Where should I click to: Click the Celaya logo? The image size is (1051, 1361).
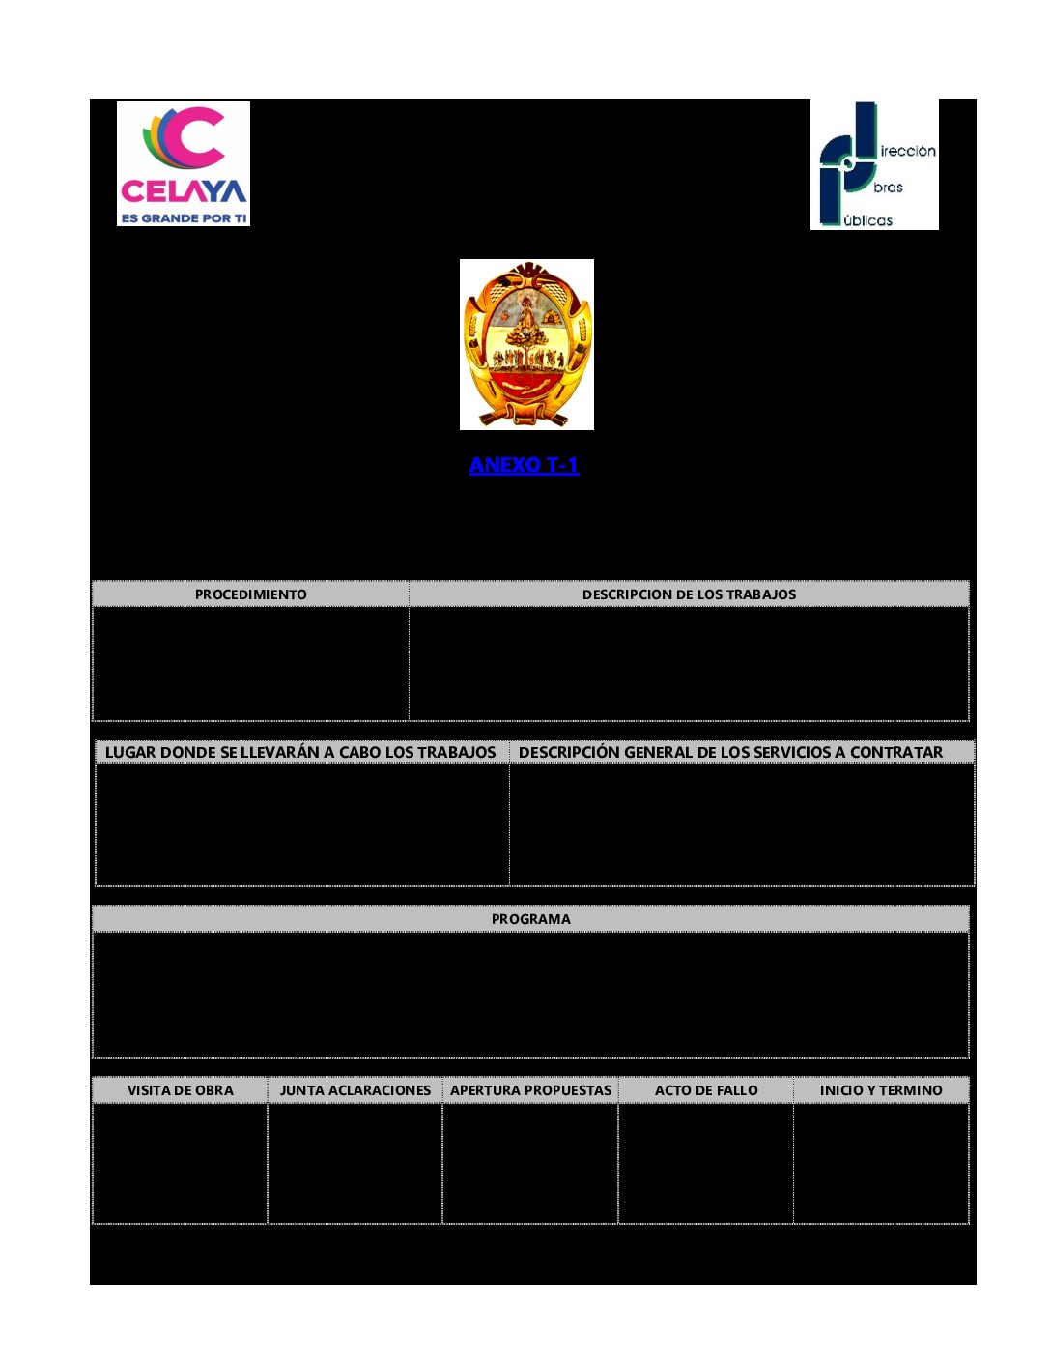pyautogui.click(x=184, y=163)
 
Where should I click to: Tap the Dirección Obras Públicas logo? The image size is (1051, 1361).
pyautogui.click(x=874, y=165)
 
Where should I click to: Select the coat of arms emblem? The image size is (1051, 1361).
pyautogui.click(x=526, y=344)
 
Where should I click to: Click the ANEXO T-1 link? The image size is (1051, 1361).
pyautogui.click(x=524, y=465)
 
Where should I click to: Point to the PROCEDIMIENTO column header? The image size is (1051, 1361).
pyautogui.click(x=251, y=594)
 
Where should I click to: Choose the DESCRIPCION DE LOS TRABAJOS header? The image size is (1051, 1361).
pyautogui.click(x=689, y=594)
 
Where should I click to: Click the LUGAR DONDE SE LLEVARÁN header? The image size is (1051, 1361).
pyautogui.click(x=300, y=752)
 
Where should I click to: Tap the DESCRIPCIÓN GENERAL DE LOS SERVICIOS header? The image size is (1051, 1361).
pyautogui.click(x=730, y=752)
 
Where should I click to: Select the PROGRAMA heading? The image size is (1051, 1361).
pyautogui.click(x=530, y=919)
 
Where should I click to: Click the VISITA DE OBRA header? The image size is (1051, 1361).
pyautogui.click(x=181, y=1090)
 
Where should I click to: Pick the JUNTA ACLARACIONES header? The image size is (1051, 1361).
pyautogui.click(x=355, y=1090)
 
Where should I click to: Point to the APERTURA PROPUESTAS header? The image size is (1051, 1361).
pyautogui.click(x=531, y=1090)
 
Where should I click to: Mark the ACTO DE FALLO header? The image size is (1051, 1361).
pyautogui.click(x=706, y=1090)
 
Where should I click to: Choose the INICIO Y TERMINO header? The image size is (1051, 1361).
pyautogui.click(x=881, y=1090)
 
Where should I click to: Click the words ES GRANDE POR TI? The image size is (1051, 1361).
pyautogui.click(x=184, y=218)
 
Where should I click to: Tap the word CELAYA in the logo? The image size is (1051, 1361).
pyautogui.click(x=184, y=191)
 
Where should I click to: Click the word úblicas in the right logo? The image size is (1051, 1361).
pyautogui.click(x=867, y=220)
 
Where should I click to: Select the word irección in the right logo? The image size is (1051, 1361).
pyautogui.click(x=908, y=151)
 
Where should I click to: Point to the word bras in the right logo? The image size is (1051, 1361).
pyautogui.click(x=889, y=188)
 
